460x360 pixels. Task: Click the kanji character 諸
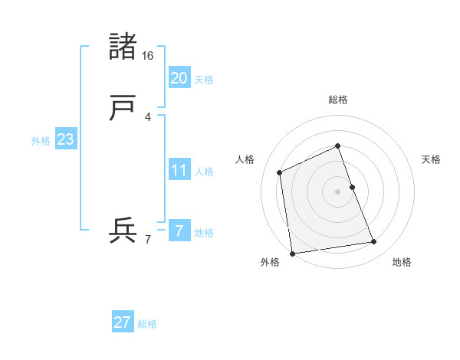click(123, 47)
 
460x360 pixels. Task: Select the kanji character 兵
click(123, 231)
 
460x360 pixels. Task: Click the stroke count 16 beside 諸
click(147, 56)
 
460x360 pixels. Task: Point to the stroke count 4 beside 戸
click(147, 117)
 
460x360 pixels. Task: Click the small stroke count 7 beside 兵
click(147, 240)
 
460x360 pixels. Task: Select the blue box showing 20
click(179, 77)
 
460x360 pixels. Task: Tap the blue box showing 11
click(179, 169)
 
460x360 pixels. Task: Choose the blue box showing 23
click(65, 139)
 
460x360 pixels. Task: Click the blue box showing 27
click(123, 322)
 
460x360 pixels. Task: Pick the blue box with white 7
click(179, 231)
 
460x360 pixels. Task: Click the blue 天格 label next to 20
click(203, 79)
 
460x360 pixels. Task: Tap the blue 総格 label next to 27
click(147, 324)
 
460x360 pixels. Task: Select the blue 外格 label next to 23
click(41, 141)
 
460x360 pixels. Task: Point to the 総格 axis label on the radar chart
click(337, 100)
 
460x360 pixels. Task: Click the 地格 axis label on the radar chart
click(402, 262)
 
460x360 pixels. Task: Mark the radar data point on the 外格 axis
click(291, 253)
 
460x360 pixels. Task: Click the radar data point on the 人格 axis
click(280, 172)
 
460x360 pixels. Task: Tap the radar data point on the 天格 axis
click(352, 186)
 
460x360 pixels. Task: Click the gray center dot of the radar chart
click(337, 191)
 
